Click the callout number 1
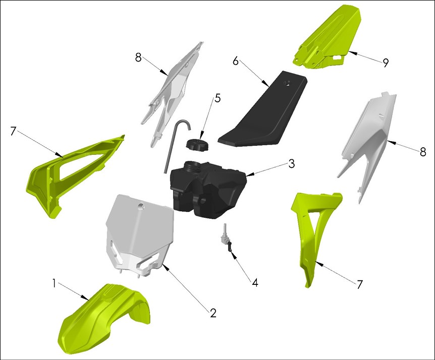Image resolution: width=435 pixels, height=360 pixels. coord(54,283)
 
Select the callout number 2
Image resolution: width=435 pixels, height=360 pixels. coord(213,313)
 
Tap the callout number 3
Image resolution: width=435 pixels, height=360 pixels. coord(291,164)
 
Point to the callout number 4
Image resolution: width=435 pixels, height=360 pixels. coord(255,283)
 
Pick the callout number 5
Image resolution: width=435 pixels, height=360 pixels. coord(217,98)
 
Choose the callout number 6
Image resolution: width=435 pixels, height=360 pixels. coord(235,61)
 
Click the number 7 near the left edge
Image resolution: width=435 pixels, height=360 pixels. coord(14,131)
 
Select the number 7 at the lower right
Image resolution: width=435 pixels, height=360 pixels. coord(359,284)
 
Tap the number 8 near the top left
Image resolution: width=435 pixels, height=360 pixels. coord(138,57)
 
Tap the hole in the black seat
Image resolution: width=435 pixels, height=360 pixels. coord(289,84)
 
